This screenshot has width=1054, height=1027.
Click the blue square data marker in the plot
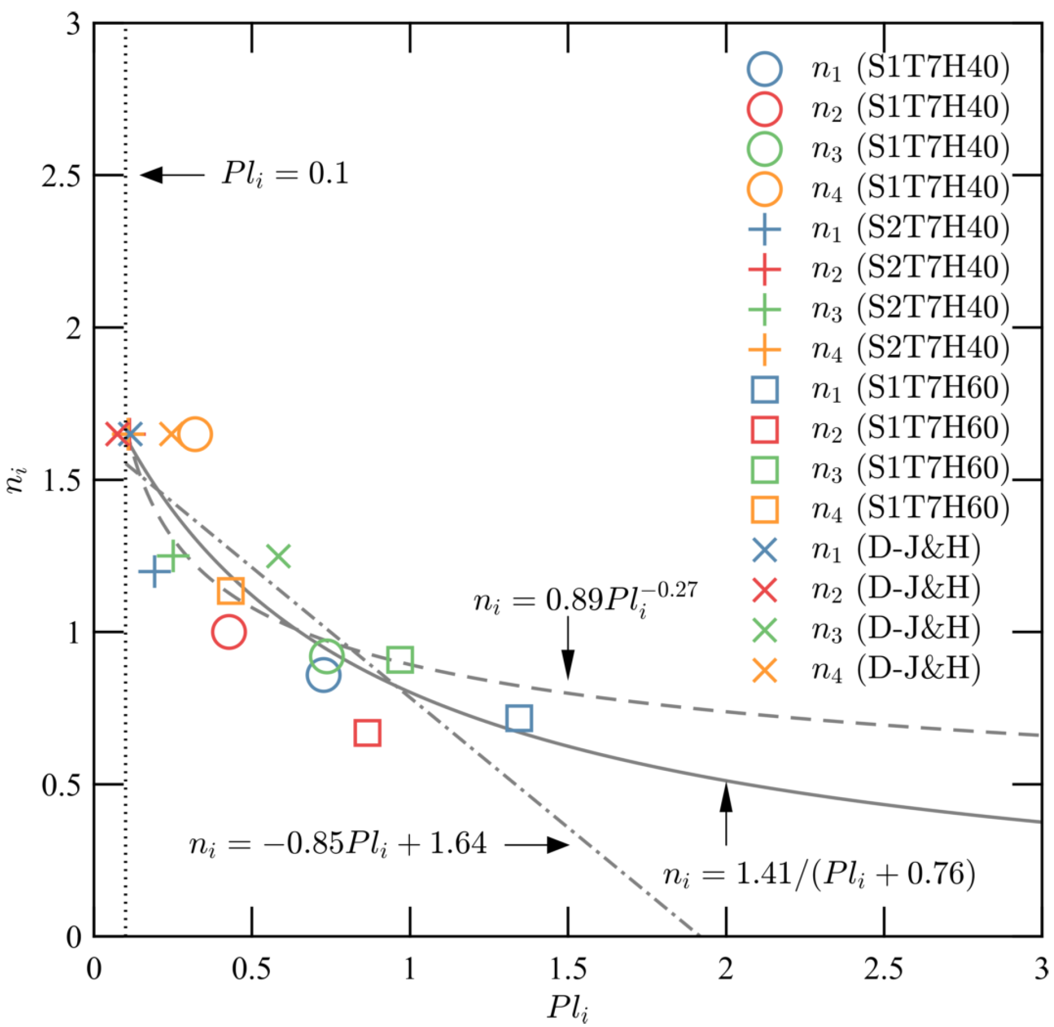click(x=518, y=718)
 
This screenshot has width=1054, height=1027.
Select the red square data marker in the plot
click(x=367, y=733)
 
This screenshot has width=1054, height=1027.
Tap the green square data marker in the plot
click(x=400, y=660)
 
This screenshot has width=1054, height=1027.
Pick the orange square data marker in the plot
click(x=230, y=591)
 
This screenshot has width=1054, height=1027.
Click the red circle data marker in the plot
click(x=229, y=632)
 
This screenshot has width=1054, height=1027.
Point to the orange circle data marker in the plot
click(x=194, y=435)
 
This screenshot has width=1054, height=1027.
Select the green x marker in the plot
click(x=278, y=556)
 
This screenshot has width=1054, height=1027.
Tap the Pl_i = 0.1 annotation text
click(x=285, y=174)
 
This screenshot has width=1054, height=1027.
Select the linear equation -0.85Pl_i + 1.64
click(x=338, y=844)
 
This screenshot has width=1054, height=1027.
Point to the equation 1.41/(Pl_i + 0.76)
click(x=819, y=874)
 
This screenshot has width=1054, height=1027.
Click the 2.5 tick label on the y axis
click(x=61, y=176)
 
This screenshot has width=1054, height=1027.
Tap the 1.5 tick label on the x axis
click(x=567, y=969)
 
